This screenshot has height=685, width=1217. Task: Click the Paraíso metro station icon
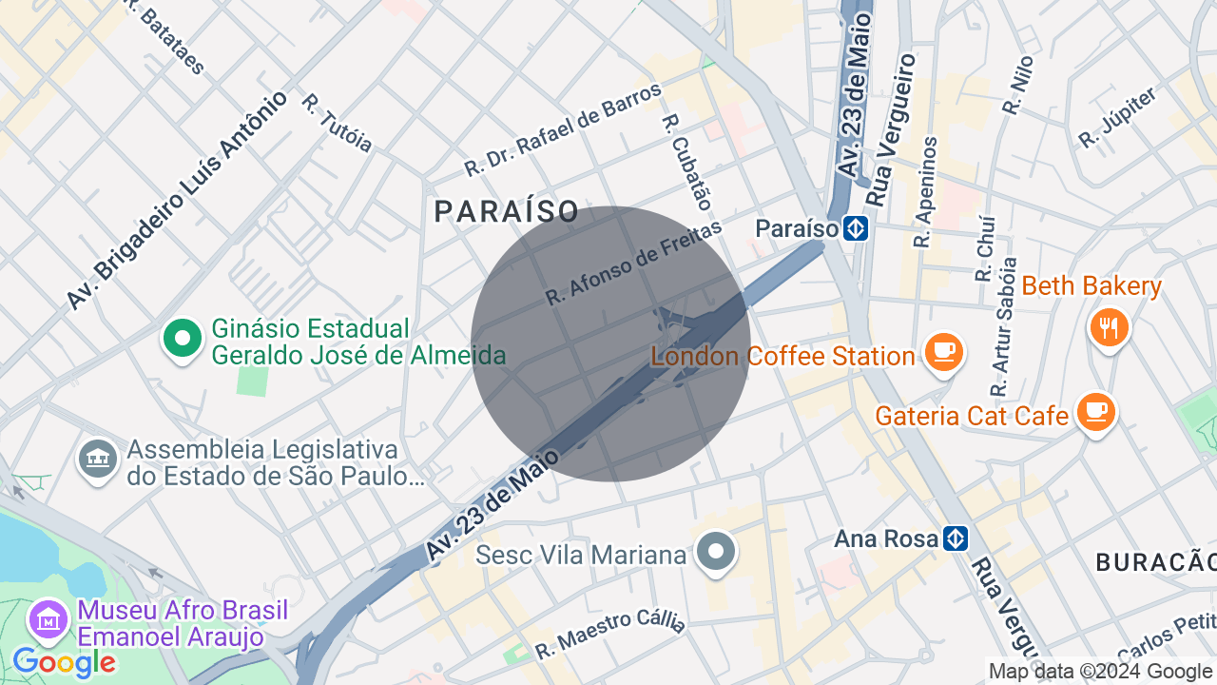[x=856, y=228]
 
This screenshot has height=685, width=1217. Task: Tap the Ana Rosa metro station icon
[x=956, y=538]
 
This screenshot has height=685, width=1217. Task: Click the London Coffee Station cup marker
[x=943, y=352]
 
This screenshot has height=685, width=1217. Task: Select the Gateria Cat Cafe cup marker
[x=1096, y=412]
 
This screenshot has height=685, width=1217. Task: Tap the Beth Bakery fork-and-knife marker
[x=1109, y=327]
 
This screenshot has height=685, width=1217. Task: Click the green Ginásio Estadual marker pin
[x=183, y=338]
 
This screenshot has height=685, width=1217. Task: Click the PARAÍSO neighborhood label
[x=507, y=211]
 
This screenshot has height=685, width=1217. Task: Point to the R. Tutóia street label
[x=337, y=123]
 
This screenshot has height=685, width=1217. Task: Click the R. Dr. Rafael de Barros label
[x=563, y=129]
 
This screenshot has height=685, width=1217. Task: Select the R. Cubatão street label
[x=686, y=162]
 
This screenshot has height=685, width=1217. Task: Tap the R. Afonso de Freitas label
[x=634, y=263]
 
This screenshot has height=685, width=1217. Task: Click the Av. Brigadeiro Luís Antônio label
[x=177, y=200]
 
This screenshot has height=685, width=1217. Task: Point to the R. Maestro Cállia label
[x=609, y=635]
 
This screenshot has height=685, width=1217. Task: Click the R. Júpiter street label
[x=1117, y=118]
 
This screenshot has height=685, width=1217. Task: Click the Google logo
[x=64, y=662]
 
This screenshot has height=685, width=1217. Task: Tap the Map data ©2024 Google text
[x=1101, y=672]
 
